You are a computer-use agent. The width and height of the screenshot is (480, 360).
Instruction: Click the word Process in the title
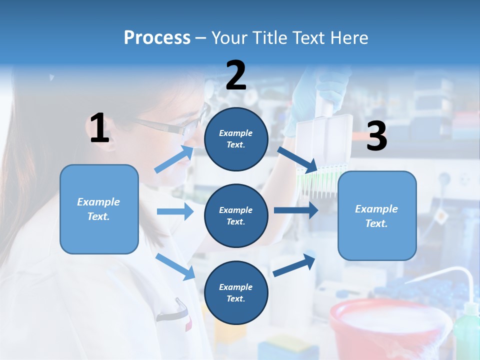pos(157,37)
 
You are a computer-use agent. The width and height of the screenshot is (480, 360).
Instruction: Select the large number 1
pos(99,128)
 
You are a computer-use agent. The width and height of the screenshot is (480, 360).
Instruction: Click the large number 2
pos(236,75)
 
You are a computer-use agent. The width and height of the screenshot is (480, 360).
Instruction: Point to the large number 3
pos(376,136)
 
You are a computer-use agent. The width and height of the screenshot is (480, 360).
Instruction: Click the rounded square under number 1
pos(99,209)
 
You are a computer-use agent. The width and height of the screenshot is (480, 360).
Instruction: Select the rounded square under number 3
pos(377,215)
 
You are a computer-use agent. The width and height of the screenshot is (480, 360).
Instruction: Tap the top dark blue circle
pos(236,139)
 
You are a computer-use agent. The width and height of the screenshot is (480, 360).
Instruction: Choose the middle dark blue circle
pos(236,215)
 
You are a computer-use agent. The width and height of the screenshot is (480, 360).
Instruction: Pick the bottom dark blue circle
pos(236,292)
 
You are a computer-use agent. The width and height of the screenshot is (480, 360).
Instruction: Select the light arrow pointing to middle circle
pos(175,211)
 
